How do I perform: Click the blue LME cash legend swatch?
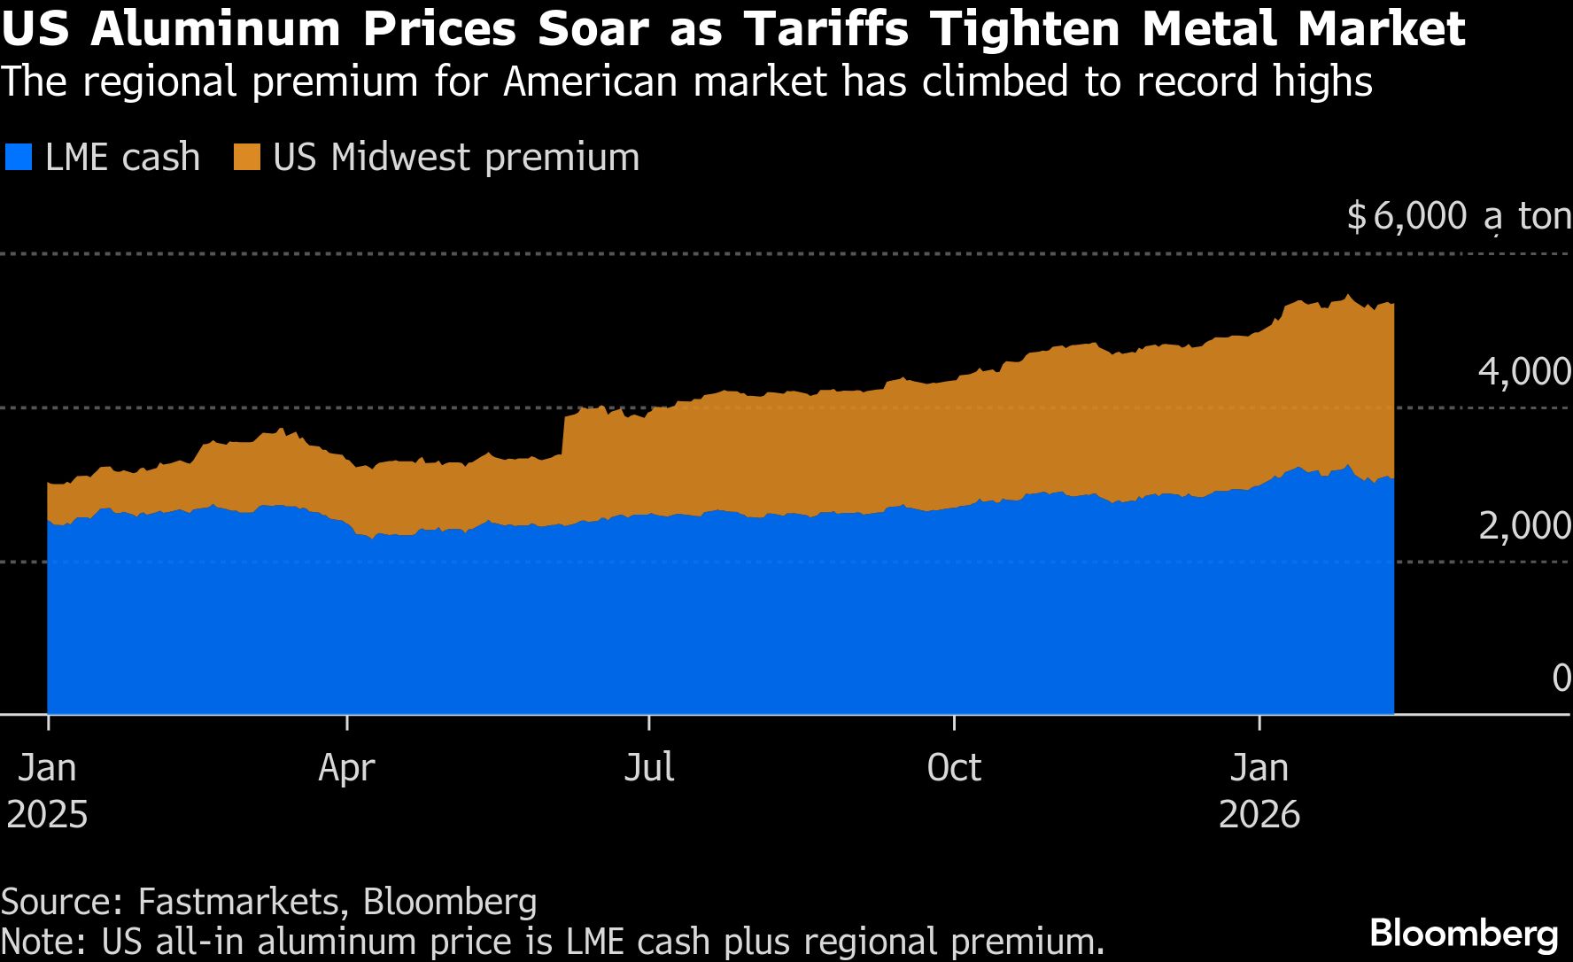coord(19,158)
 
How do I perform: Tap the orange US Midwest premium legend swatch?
coord(246,158)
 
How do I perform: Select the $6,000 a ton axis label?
coord(1458,216)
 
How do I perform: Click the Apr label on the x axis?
coord(346,767)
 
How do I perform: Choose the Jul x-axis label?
coord(649,767)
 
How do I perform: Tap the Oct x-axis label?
coord(954,767)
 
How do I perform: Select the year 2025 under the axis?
coord(47,814)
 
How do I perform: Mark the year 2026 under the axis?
coord(1259,814)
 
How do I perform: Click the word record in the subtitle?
coord(1197,81)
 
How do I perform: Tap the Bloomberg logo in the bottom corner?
coord(1463,934)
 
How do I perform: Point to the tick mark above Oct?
coord(954,722)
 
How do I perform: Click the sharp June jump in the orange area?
coord(564,434)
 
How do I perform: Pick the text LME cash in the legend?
coord(122,158)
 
